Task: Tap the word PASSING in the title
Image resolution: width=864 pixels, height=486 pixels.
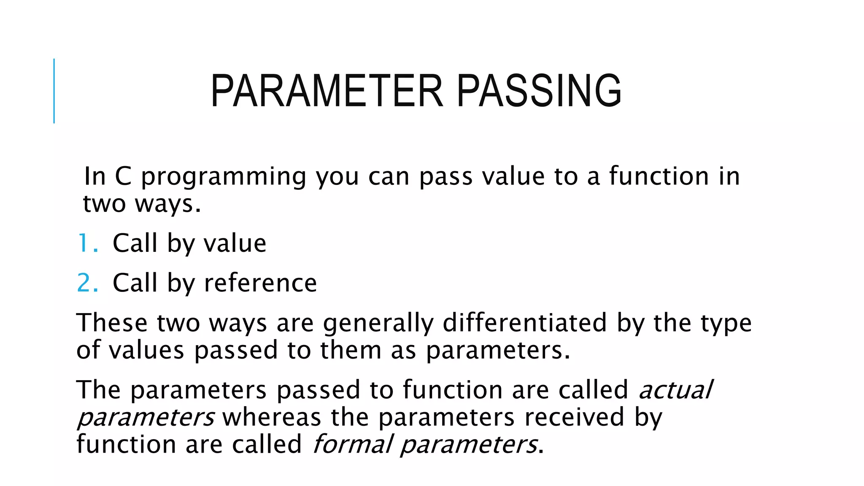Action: click(539, 91)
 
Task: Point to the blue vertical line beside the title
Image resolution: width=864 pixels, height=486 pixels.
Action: click(54, 91)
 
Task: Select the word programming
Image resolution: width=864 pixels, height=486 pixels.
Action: click(224, 177)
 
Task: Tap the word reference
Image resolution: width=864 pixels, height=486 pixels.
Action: click(260, 283)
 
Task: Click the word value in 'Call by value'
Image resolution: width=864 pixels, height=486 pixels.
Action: click(235, 243)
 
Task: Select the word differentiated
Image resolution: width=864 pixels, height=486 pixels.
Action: click(524, 323)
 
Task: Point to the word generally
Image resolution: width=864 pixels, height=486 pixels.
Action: click(378, 324)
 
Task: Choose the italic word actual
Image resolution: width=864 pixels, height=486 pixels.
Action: click(676, 389)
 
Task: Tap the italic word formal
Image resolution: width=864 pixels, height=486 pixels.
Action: click(353, 444)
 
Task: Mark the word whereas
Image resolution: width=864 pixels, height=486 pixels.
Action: click(272, 417)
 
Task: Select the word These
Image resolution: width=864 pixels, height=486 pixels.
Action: click(112, 323)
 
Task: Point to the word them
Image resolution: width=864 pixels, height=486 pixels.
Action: click(351, 351)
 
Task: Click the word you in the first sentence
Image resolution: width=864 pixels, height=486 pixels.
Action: click(337, 177)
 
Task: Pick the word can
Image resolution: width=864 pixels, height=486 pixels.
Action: click(389, 177)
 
